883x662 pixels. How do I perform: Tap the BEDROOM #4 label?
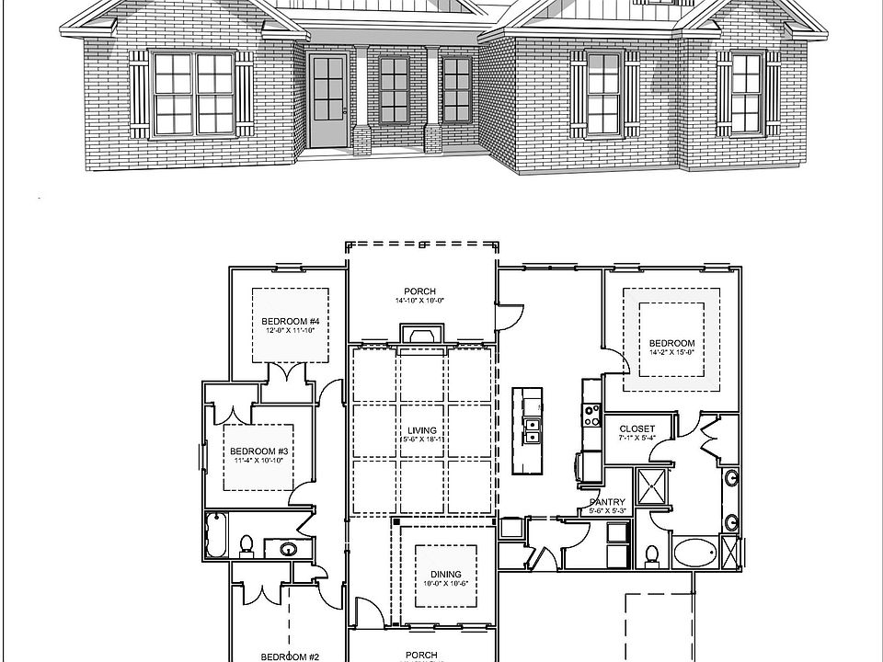291,321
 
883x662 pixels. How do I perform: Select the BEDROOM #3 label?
259,451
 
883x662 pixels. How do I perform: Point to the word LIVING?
422,430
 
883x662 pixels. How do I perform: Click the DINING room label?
445,574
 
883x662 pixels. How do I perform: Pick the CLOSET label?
636,428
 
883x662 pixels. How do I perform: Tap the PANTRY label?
608,502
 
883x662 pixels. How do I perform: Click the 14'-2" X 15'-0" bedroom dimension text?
671,351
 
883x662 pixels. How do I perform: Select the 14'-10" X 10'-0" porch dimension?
419,300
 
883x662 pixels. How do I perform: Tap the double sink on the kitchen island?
532,430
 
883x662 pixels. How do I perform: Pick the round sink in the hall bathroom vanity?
287,550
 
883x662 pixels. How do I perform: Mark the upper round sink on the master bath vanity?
731,477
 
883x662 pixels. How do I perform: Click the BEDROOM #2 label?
290,656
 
